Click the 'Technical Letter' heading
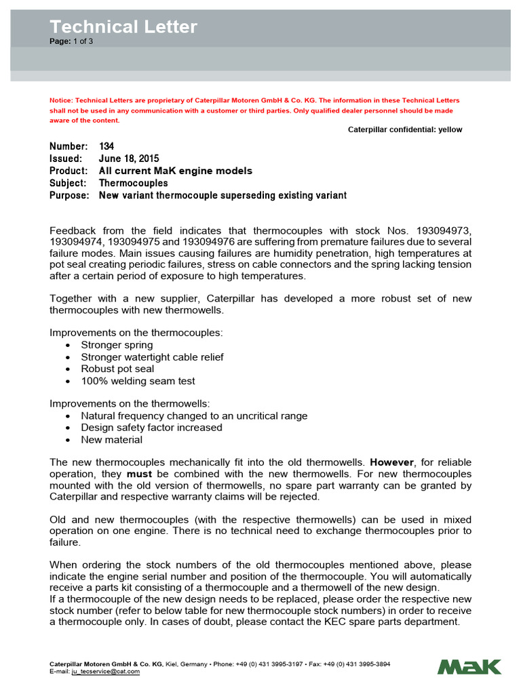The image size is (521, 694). pyautogui.click(x=123, y=27)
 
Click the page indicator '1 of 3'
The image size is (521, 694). pyautogui.click(x=82, y=41)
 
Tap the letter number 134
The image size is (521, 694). pyautogui.click(x=107, y=146)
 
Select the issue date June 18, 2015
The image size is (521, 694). pyautogui.click(x=129, y=159)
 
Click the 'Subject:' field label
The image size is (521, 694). pyautogui.click(x=68, y=183)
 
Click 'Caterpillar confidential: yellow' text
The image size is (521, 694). pyautogui.click(x=405, y=129)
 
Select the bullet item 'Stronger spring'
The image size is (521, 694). pyautogui.click(x=117, y=345)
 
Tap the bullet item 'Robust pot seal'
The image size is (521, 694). pyautogui.click(x=117, y=369)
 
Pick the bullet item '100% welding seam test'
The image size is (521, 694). pyautogui.click(x=138, y=381)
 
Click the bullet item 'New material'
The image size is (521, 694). pyautogui.click(x=111, y=439)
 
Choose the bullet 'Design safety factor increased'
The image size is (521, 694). pyautogui.click(x=151, y=428)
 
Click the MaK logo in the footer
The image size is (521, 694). pyautogui.click(x=469, y=666)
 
